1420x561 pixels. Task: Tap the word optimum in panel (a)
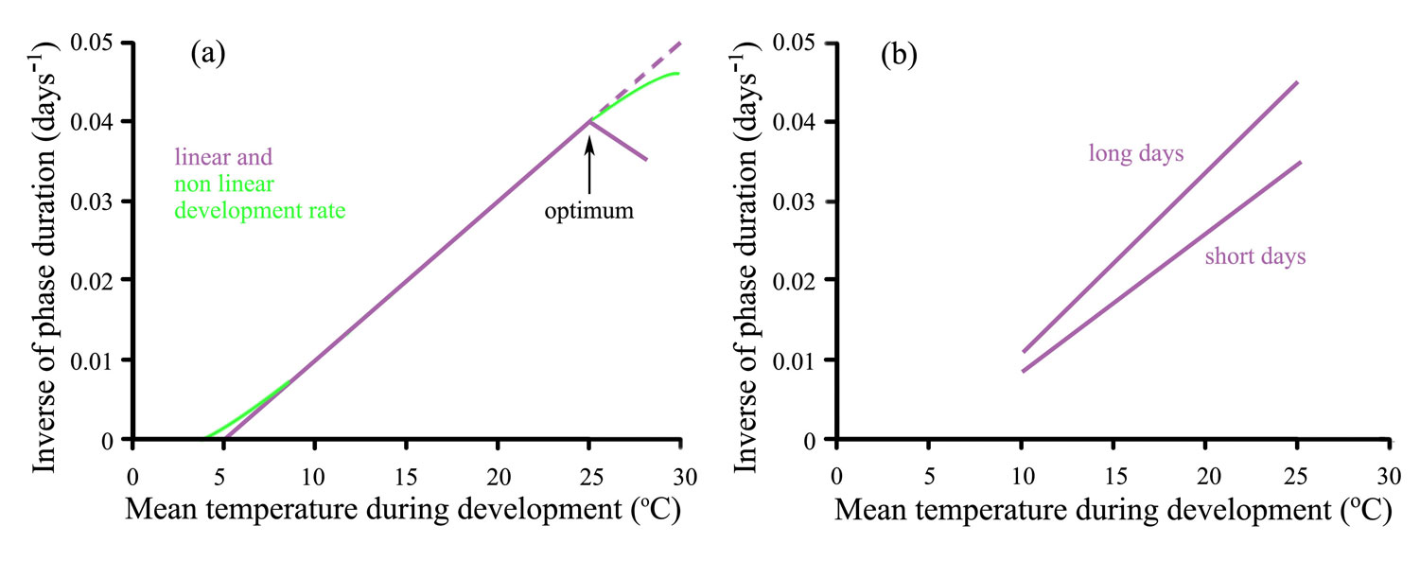pyautogui.click(x=588, y=210)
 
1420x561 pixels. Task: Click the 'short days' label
pyautogui.click(x=1255, y=256)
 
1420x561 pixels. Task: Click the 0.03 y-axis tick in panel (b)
pyautogui.click(x=796, y=202)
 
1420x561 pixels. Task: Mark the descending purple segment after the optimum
pyautogui.click(x=619, y=141)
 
